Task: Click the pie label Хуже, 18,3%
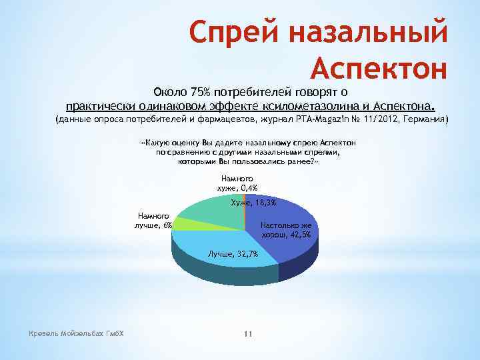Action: click(253, 203)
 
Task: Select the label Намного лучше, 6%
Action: click(154, 220)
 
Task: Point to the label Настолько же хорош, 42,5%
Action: click(286, 229)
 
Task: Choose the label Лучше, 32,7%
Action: click(233, 254)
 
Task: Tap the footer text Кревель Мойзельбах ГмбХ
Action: click(73, 333)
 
